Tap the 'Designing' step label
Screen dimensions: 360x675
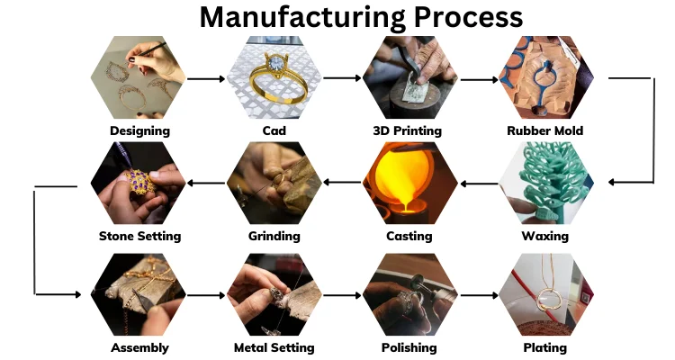[139, 130]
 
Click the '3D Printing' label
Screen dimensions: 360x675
[407, 130]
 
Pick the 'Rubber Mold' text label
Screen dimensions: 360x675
[545, 130]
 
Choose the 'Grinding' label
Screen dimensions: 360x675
[274, 237]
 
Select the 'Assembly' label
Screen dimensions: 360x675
[139, 347]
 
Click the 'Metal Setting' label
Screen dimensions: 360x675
[274, 347]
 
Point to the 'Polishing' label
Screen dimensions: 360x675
[409, 347]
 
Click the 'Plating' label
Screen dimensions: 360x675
[545, 347]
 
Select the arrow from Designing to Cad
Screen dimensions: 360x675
[206, 78]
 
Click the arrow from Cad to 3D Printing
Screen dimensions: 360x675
[341, 78]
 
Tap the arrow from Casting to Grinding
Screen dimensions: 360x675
[341, 183]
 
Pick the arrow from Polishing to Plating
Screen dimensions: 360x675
[477, 294]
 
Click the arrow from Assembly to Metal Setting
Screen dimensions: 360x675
[206, 294]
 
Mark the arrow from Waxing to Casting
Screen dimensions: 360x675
[477, 183]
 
